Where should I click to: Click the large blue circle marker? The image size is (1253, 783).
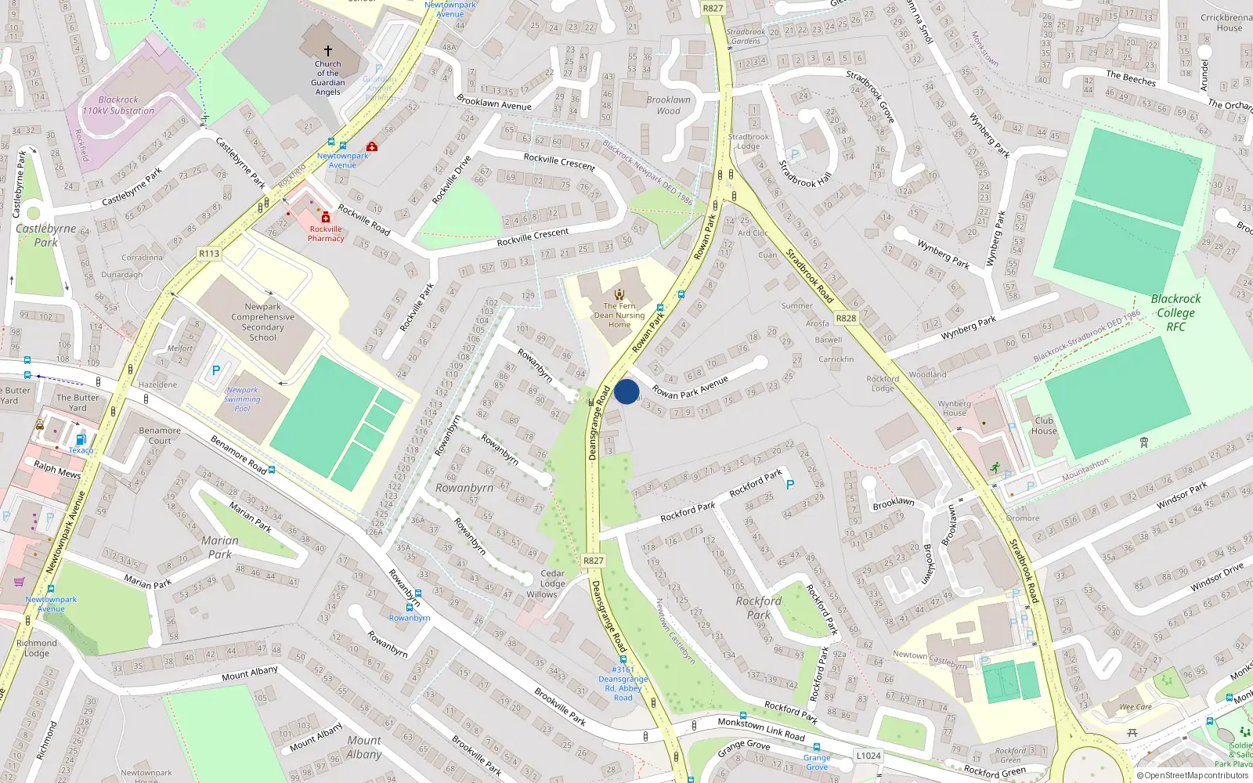[626, 391]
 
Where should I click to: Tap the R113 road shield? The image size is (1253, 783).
[209, 254]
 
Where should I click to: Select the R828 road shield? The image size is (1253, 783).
[846, 318]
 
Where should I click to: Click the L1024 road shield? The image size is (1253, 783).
[868, 756]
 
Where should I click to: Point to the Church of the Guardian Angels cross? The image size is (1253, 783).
[328, 50]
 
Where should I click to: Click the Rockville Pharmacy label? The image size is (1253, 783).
[326, 234]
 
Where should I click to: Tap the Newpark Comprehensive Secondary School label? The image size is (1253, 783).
[262, 322]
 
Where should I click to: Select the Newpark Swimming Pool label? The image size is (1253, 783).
[242, 399]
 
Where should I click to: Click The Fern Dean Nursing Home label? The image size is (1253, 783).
[619, 316]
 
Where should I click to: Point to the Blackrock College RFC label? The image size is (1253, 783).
[1175, 312]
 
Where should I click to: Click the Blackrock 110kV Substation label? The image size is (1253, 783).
[118, 105]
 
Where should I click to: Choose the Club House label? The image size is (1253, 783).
[1044, 425]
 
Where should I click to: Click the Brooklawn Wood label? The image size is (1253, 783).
[668, 105]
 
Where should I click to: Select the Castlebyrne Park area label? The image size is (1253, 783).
[45, 235]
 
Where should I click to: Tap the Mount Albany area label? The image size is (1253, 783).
[364, 747]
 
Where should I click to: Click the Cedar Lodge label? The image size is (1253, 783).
[552, 578]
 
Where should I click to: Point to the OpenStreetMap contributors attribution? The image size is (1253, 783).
[1196, 776]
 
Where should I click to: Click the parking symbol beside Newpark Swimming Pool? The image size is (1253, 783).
[216, 370]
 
